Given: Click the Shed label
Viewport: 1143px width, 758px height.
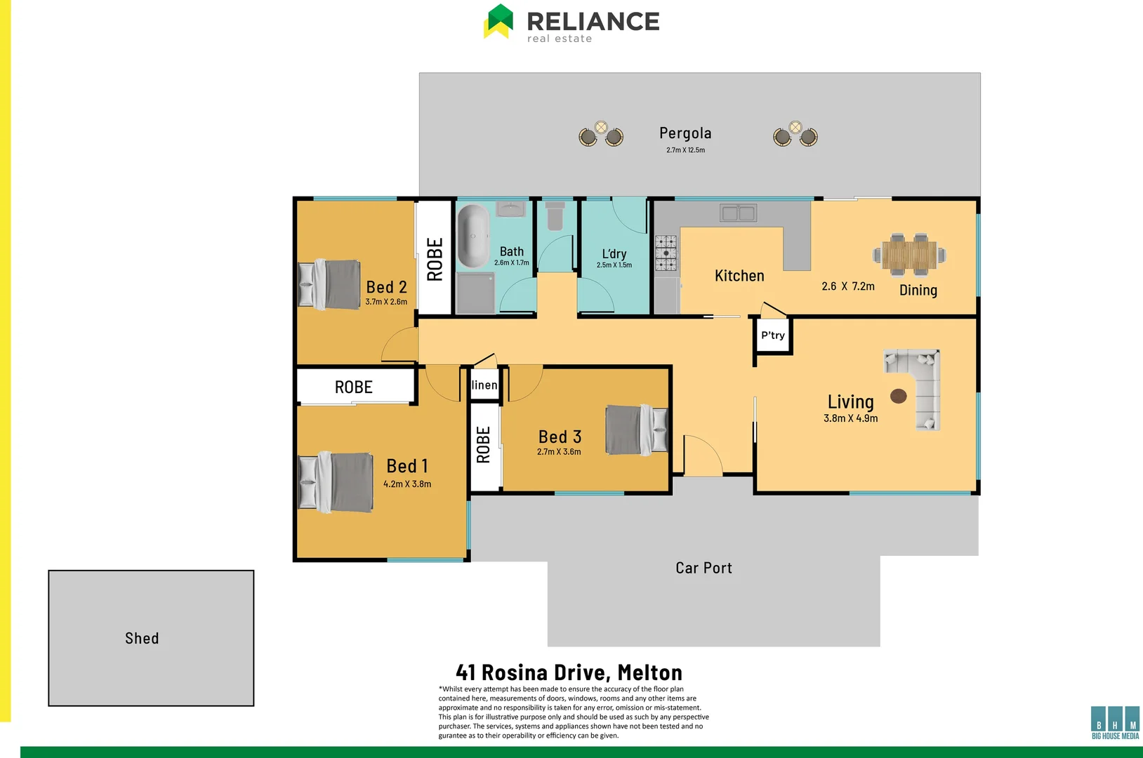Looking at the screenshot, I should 142,638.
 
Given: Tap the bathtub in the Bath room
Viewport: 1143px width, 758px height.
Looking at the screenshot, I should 473,236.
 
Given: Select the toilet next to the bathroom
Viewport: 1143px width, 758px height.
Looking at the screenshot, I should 555,217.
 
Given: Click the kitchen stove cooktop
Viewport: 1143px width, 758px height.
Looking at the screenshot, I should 666,253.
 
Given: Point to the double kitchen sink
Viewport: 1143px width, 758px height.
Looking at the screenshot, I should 738,213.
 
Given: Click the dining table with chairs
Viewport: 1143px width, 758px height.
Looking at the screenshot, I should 909,255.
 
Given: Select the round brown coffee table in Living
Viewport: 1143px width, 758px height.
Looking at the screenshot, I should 898,396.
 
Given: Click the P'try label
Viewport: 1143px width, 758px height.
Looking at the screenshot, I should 773,335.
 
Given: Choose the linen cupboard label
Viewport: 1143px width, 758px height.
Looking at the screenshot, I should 484,385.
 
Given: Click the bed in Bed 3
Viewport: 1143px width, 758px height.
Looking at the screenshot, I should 636,430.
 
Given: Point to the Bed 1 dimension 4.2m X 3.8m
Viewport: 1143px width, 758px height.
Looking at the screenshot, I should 407,484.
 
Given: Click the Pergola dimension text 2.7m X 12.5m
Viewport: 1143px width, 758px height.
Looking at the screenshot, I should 685,150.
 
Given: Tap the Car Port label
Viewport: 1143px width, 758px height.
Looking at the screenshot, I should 703,568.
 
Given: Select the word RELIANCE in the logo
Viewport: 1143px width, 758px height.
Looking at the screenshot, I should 593,21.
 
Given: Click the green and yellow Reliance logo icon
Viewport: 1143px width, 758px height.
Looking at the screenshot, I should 499,21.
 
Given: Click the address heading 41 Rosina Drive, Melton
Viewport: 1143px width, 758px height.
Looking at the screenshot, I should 569,672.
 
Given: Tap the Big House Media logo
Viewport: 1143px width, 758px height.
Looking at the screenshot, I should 1115,722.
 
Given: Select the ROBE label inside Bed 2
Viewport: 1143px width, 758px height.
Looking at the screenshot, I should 435,259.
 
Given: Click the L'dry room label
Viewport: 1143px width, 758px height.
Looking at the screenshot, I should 614,254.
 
